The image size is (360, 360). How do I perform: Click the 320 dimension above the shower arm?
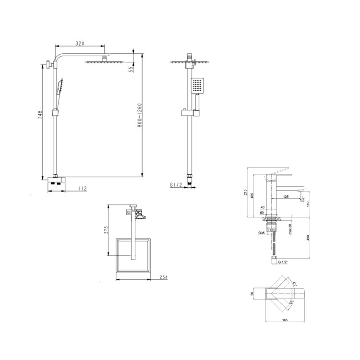pos(80,43)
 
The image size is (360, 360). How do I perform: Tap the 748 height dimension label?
pos(40,115)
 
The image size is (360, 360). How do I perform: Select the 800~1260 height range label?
pos(140,115)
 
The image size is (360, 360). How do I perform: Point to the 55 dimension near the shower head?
pos(131,70)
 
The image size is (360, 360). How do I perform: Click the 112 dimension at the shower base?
pos(83,189)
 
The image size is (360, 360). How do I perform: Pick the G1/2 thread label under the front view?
pos(176,185)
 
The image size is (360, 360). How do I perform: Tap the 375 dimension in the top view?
pos(106,230)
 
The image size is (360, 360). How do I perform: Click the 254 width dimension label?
pos(164,277)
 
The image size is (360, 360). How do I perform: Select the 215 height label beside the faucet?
pos(245,192)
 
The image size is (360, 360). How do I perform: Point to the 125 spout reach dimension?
pos(286,196)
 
